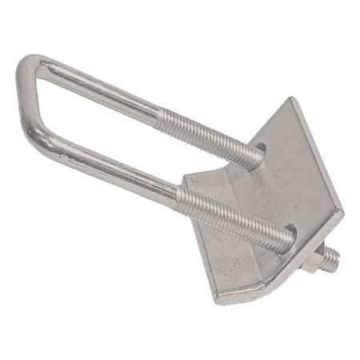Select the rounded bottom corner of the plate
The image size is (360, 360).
[221, 300]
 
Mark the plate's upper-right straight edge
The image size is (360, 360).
[320, 156]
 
